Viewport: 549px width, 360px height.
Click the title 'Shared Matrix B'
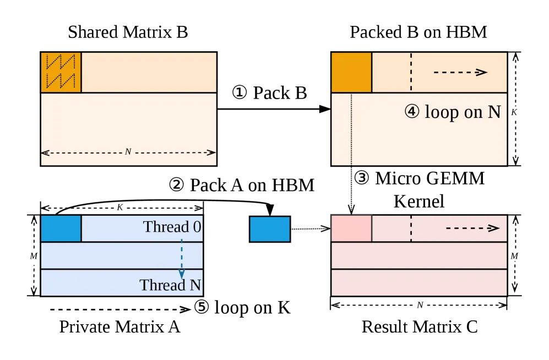tap(128, 32)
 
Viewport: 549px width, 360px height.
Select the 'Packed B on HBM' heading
tap(418, 32)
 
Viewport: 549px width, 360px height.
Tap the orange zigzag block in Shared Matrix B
tap(61, 73)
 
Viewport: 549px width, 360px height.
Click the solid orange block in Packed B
tap(351, 73)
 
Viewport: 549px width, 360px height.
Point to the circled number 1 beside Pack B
tap(240, 92)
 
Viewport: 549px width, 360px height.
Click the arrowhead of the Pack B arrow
tap(325, 109)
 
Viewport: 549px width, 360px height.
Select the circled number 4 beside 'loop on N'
tap(412, 112)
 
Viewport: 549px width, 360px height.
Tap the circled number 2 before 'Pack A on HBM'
tap(176, 185)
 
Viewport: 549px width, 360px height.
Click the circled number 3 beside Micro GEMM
tap(362, 178)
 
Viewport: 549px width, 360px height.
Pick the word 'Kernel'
tap(418, 201)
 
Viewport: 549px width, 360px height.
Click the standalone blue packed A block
tap(270, 229)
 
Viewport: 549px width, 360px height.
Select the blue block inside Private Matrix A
tap(61, 228)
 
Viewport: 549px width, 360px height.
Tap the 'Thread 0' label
tap(172, 227)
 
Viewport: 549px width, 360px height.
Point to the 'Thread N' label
tap(171, 285)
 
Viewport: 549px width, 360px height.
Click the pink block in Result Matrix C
tap(351, 228)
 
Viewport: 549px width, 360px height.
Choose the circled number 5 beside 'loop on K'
tap(202, 307)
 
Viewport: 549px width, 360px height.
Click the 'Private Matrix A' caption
tap(119, 327)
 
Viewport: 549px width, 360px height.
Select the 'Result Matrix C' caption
tap(420, 327)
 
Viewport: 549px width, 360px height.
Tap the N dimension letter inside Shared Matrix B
tap(128, 151)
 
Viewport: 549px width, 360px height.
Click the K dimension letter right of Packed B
tap(514, 112)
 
